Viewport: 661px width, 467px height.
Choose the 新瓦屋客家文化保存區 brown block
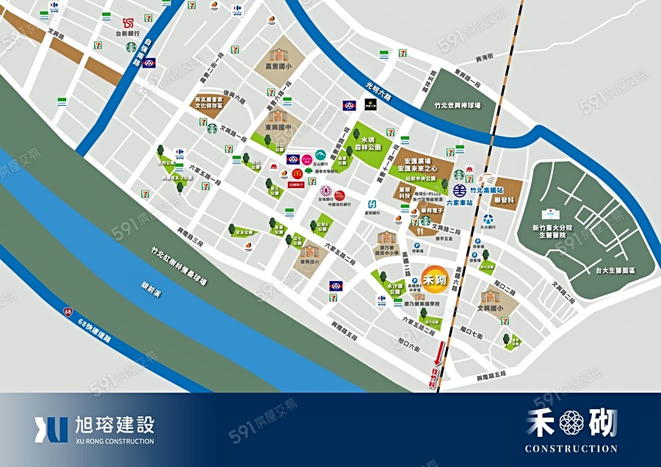[x=209, y=104]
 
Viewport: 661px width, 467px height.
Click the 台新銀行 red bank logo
[x=129, y=23]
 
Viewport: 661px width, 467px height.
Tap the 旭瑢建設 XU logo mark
[x=51, y=430]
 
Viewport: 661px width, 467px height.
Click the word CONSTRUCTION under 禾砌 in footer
[x=571, y=448]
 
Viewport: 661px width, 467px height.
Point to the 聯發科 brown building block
[x=503, y=199]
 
